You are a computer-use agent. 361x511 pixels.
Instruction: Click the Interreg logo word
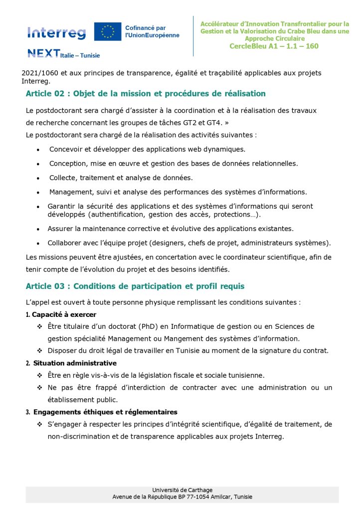[x=56, y=33]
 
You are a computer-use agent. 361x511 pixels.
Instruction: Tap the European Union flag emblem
[x=108, y=32]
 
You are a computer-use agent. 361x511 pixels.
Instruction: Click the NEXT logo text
[x=44, y=53]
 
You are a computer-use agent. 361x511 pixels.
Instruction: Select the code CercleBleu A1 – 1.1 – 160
[x=274, y=46]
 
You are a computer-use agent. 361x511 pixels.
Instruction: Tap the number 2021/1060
[x=37, y=73]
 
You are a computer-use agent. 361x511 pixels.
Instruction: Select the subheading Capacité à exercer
[x=64, y=314]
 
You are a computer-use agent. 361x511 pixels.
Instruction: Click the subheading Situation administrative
[x=74, y=363]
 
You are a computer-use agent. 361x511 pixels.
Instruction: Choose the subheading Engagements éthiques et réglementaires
[x=105, y=412]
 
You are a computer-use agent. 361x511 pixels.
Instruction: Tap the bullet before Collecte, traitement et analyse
[x=38, y=178]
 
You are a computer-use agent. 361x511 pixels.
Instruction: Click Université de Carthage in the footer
[x=182, y=490]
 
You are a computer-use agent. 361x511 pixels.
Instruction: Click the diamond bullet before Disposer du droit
[x=39, y=350]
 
